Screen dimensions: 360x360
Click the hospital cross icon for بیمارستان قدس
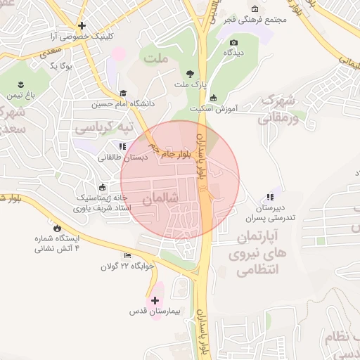155,300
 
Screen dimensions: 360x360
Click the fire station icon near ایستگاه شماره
57,228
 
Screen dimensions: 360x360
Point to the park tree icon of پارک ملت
190,74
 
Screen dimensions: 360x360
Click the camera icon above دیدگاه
233,43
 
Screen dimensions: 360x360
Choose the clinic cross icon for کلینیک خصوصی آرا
82,25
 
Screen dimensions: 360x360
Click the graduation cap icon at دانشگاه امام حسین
123,93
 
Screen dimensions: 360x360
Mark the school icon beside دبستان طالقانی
122,146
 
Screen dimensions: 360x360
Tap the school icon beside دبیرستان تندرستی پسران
270,197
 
